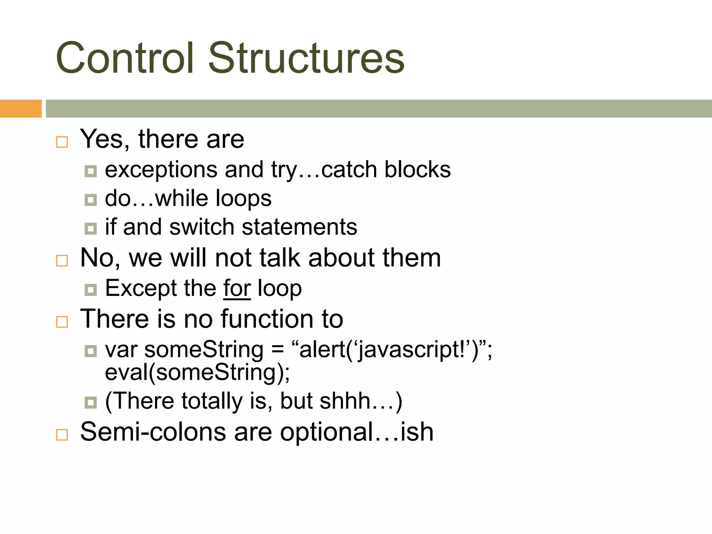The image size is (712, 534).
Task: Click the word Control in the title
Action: click(124, 58)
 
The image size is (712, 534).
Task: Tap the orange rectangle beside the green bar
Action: click(21, 108)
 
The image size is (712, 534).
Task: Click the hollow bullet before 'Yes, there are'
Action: click(62, 142)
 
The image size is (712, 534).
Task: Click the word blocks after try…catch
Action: click(417, 170)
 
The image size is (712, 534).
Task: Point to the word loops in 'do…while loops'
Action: click(243, 199)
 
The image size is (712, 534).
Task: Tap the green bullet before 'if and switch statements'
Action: click(91, 228)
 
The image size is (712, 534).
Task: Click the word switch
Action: click(202, 227)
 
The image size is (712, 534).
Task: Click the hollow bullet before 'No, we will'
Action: click(62, 260)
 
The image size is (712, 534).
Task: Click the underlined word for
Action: click(237, 289)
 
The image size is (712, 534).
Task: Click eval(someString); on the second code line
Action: click(197, 373)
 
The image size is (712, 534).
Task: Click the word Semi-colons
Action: click(153, 432)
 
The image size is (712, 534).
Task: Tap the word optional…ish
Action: click(357, 432)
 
